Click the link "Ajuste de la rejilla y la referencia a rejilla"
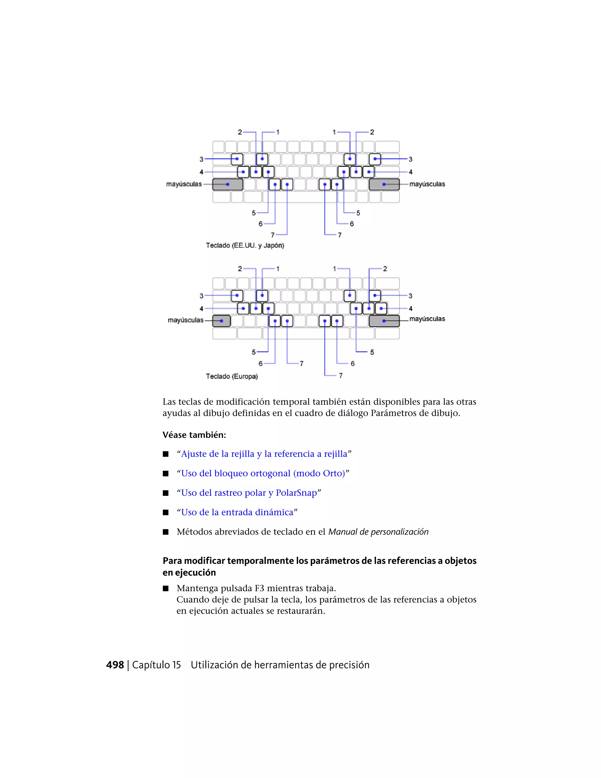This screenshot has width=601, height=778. click(x=264, y=454)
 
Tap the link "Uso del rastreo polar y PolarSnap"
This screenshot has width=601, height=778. click(x=249, y=493)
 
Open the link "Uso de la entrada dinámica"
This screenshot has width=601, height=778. click(x=237, y=512)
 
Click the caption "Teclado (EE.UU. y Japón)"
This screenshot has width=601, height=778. click(x=245, y=245)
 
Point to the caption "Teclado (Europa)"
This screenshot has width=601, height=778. click(x=232, y=376)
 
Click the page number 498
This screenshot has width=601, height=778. click(x=115, y=665)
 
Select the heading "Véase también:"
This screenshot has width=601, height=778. click(x=194, y=435)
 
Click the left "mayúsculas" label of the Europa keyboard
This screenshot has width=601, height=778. click(x=185, y=320)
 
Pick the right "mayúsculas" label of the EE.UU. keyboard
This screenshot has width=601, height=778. click(x=427, y=184)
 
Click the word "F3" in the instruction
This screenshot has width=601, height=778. click(x=259, y=588)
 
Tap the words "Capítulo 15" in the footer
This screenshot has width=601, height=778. click(x=157, y=665)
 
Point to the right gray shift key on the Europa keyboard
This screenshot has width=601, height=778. click(x=384, y=321)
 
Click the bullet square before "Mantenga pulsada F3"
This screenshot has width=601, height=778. click(x=166, y=588)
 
